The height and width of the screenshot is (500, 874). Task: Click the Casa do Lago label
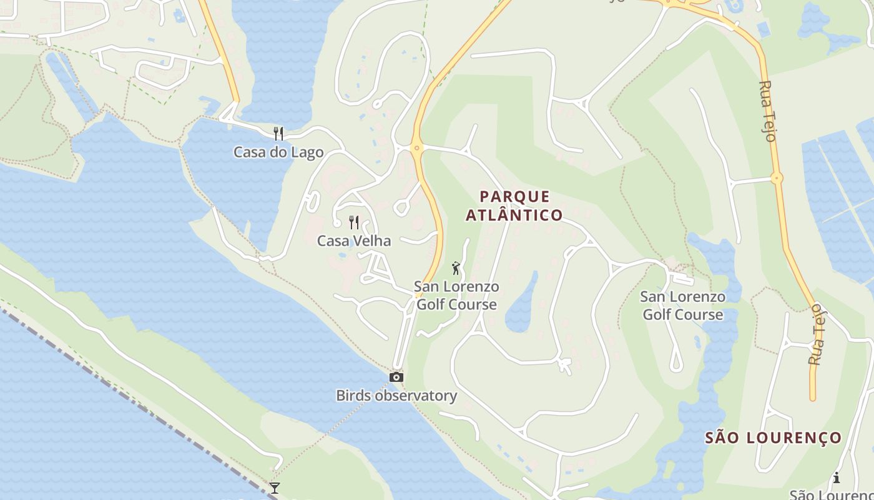click(278, 152)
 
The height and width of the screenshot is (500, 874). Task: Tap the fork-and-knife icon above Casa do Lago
click(278, 133)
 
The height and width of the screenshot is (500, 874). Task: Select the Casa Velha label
click(354, 241)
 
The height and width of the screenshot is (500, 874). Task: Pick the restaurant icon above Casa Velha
click(354, 222)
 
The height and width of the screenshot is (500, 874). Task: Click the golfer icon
click(456, 268)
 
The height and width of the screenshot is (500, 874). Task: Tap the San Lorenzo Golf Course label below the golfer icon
click(456, 296)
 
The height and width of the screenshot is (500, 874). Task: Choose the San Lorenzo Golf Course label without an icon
click(683, 306)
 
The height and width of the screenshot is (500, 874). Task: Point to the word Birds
click(353, 396)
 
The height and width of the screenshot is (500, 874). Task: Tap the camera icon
click(396, 377)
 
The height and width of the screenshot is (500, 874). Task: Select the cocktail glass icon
click(274, 487)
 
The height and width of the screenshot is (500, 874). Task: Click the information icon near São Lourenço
click(836, 478)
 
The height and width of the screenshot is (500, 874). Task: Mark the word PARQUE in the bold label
click(515, 197)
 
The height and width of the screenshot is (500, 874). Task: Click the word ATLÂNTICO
click(514, 216)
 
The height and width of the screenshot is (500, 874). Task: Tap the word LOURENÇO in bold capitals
click(797, 437)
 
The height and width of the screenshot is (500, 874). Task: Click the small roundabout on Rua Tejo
click(777, 178)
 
